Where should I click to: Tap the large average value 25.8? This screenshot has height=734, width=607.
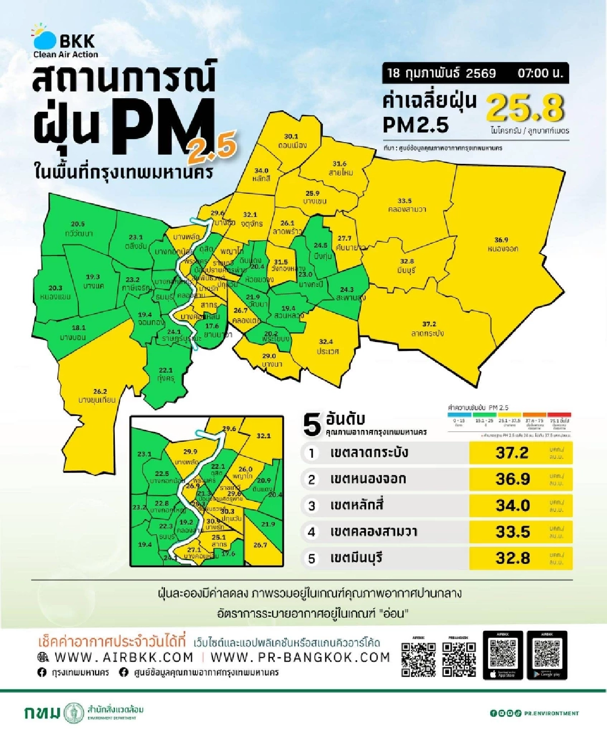[x=525, y=108]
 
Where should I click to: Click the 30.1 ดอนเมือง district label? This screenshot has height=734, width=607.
[x=291, y=141]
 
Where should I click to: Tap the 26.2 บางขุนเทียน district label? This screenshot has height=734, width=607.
[x=98, y=395]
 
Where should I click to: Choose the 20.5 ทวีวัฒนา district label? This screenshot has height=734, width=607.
[x=78, y=229]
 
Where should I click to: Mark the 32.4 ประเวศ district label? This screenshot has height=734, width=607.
[x=327, y=346]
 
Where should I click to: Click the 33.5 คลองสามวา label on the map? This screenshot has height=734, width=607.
[x=406, y=205]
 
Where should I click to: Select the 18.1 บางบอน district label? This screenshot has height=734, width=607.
[x=73, y=332]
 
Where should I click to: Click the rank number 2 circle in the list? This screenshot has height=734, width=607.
[x=312, y=480]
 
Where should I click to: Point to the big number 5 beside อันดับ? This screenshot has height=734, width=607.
[x=312, y=425]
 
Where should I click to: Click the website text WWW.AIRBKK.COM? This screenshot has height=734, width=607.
[x=123, y=657]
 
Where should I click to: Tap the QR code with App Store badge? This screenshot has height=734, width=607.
[x=503, y=656]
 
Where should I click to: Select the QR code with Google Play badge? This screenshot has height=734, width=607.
[x=547, y=656]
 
